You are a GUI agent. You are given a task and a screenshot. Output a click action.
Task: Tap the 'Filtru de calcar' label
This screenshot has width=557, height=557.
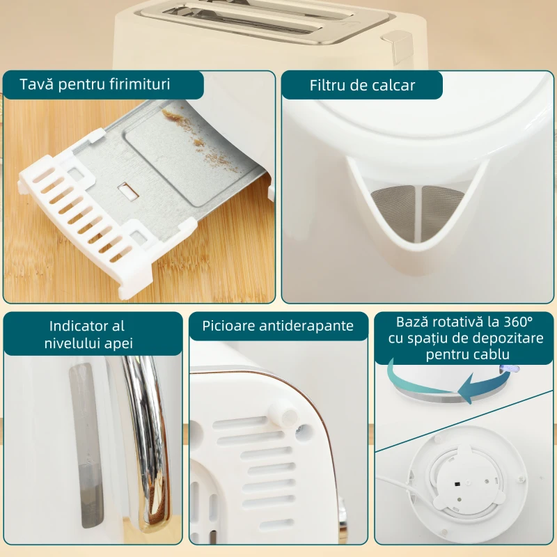[362, 85]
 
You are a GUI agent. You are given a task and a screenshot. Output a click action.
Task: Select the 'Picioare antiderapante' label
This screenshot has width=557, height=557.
[278, 326]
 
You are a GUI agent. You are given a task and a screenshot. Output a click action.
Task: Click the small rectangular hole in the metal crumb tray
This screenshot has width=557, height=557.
[127, 190]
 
